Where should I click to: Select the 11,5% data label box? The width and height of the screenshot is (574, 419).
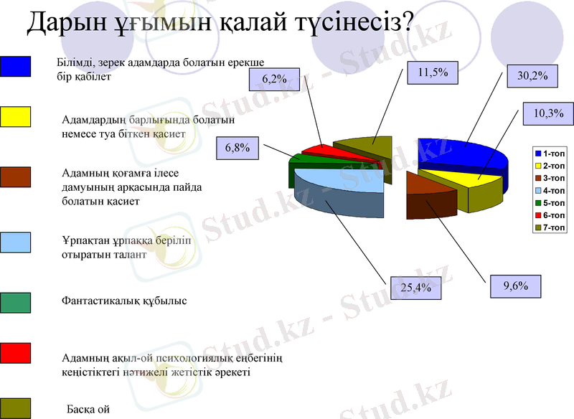coord(433,72)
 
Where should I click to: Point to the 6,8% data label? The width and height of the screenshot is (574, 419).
coord(237,149)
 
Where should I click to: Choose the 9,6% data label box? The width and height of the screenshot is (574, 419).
coord(515,286)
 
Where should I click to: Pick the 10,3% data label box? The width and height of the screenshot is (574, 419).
coord(549,113)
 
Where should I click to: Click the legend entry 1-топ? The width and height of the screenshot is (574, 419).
coord(550,154)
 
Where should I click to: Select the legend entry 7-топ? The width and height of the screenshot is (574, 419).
coord(550,227)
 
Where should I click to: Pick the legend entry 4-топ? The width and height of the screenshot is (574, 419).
coord(550,190)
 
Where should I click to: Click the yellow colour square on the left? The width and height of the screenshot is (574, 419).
coord(15,116)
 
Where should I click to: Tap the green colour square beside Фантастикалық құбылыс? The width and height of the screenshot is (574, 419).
coord(15,302)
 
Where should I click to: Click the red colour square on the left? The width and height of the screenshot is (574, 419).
coord(15,352)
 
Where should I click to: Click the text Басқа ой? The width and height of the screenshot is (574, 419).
coord(88,410)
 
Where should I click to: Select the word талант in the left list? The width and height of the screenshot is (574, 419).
coord(129,254)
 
